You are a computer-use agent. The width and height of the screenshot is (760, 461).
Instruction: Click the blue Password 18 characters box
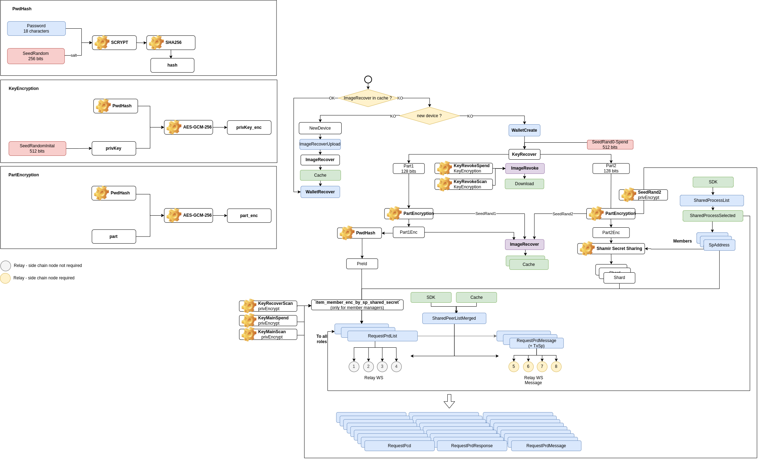[x=36, y=28]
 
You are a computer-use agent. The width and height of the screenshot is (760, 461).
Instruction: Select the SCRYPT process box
[x=114, y=42]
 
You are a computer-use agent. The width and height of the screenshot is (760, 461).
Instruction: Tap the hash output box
[x=172, y=65]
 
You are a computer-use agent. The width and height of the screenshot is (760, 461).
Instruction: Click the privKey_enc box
[x=249, y=127]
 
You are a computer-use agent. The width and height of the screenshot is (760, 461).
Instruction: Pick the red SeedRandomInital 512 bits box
[x=37, y=148]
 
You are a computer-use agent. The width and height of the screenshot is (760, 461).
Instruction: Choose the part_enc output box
[x=249, y=215]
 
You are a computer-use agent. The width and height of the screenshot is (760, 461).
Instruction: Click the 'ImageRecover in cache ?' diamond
[x=368, y=98]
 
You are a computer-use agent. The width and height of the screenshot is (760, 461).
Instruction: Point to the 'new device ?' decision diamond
[x=429, y=116]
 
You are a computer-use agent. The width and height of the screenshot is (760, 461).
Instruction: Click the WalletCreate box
[x=524, y=130]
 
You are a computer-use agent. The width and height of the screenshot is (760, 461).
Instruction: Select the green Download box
[x=524, y=184]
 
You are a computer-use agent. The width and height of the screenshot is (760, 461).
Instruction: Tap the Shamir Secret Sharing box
[x=611, y=249]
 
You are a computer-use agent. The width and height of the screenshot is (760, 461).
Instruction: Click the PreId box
[x=362, y=264]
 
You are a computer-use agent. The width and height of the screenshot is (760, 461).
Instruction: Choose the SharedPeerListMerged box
[x=454, y=318]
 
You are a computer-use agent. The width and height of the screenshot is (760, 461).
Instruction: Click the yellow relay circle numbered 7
[x=542, y=366]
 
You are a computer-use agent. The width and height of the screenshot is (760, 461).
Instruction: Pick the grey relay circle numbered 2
[x=368, y=366]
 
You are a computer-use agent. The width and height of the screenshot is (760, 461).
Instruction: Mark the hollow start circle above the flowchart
[x=368, y=79]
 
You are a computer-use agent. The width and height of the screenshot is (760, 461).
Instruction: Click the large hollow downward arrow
[x=449, y=401]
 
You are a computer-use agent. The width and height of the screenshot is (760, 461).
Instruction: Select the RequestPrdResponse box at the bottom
[x=472, y=446]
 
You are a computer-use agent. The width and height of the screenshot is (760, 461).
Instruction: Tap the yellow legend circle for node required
[x=6, y=278]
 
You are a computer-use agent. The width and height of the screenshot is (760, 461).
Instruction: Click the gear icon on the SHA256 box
[x=156, y=42]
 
